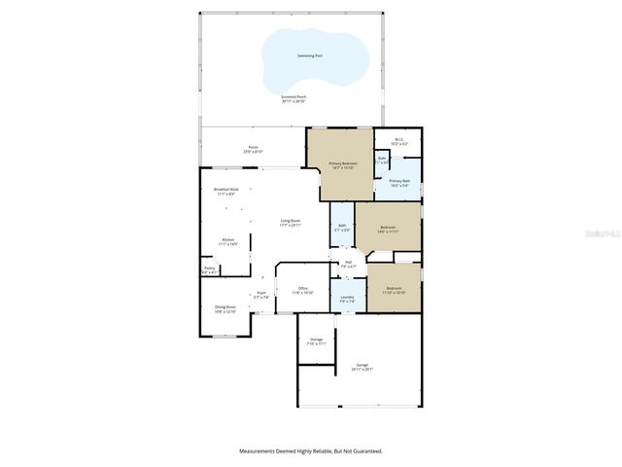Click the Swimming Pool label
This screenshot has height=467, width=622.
311,56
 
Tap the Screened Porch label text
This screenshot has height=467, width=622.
294,96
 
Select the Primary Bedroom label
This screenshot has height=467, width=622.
343,163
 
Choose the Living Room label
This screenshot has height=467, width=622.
291,221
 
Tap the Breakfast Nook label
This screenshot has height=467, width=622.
225,190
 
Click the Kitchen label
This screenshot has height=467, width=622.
227,240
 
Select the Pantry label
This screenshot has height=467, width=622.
209,269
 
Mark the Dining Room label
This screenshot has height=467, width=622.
225,307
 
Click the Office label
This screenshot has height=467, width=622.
303,289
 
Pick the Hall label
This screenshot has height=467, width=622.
348,262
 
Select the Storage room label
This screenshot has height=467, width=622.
317,340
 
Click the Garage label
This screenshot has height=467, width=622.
363,366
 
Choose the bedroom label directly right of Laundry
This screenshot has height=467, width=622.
394,289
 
